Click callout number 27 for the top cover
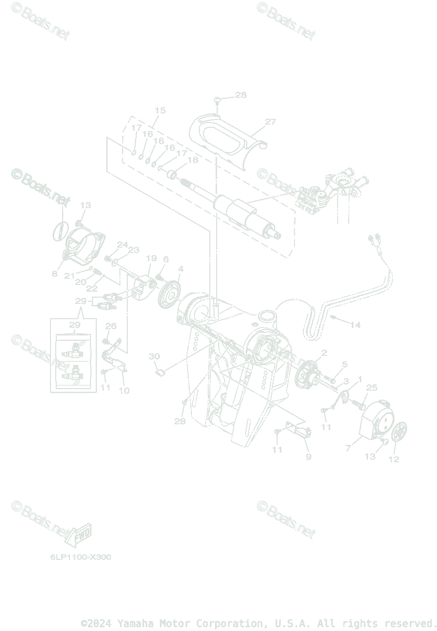pyautogui.click(x=270, y=122)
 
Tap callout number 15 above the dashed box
pyautogui.click(x=160, y=110)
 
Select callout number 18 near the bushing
pyautogui.click(x=192, y=160)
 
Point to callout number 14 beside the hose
pyautogui.click(x=355, y=325)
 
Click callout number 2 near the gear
pyautogui.click(x=324, y=352)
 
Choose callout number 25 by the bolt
pyautogui.click(x=372, y=388)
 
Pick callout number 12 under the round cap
pyautogui.click(x=394, y=459)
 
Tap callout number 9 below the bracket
pyautogui.click(x=309, y=456)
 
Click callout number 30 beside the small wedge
pyautogui.click(x=154, y=357)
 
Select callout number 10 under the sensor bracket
pyautogui.click(x=124, y=391)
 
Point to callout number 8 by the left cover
pyautogui.click(x=55, y=274)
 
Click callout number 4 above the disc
pyautogui.click(x=180, y=269)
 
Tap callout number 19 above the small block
pyautogui.click(x=151, y=258)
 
